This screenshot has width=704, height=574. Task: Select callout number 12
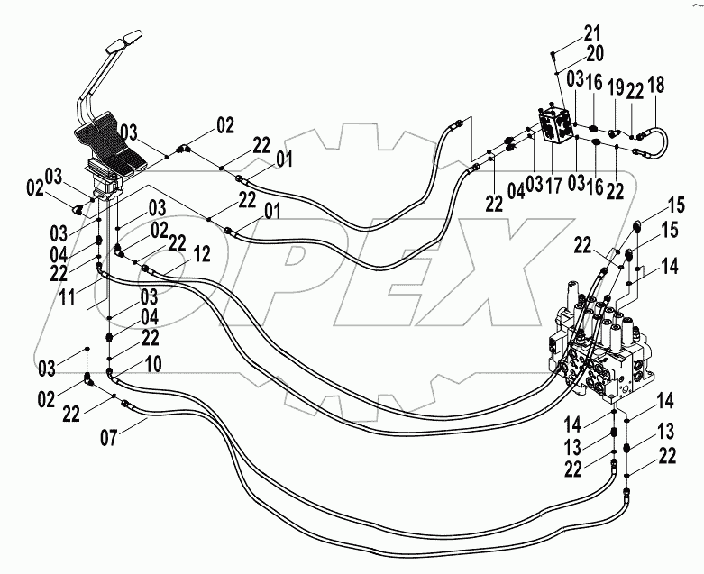(x=202, y=254)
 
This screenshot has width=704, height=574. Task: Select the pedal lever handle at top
(x=121, y=43)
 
